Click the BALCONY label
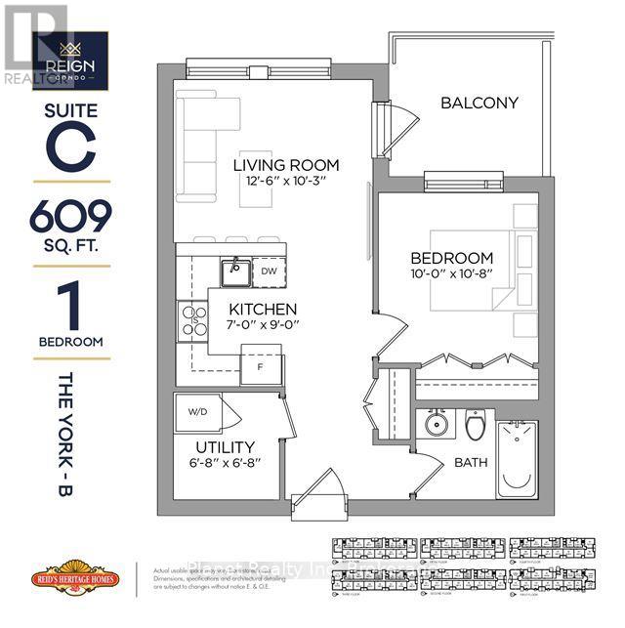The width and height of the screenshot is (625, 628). click(x=479, y=103)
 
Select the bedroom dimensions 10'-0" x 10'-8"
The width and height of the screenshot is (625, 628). click(x=450, y=275)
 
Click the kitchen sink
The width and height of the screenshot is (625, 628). click(x=232, y=272)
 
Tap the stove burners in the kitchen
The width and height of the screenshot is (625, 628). click(x=191, y=320)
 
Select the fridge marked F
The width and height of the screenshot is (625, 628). click(x=260, y=368)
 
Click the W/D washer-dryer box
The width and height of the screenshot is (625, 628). click(x=200, y=410)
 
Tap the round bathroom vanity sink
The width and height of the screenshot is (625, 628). click(x=435, y=427)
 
